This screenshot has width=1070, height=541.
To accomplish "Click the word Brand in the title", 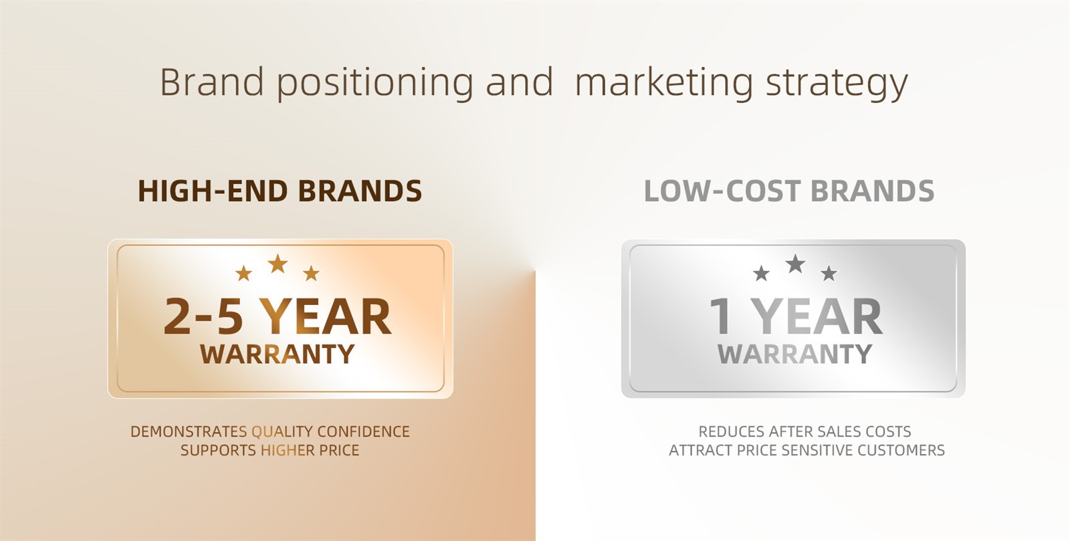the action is coord(211,82).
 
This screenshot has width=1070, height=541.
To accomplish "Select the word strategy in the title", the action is coord(837,84).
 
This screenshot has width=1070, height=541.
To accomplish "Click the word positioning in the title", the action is coord(375,84).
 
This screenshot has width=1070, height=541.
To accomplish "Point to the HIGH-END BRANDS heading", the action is coord(280,191).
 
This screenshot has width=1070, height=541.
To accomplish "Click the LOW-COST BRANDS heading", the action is coord(789,191).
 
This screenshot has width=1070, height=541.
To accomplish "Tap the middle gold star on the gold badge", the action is coord(278,263).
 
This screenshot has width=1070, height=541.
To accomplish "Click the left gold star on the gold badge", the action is coord(243,274).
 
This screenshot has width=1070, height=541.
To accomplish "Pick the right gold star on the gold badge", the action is coord(311,274).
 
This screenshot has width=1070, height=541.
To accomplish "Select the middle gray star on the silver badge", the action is coord(795,263).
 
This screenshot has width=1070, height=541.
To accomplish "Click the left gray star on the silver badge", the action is coord(762,274).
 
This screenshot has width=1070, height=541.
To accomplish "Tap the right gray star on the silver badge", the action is coord(829,274).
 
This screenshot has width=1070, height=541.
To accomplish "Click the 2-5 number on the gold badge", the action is coord(203,316).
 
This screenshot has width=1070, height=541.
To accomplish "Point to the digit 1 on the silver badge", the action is coord(720,316).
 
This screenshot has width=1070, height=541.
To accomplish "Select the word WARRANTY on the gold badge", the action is coord(277,354).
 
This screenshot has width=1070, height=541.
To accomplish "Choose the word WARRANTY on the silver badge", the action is coord(795,354).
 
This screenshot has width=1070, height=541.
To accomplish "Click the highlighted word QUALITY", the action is coord(282,431).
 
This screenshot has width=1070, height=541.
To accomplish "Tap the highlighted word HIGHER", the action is coord(288,450).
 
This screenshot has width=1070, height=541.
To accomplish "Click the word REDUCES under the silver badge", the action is coord(731,431).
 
